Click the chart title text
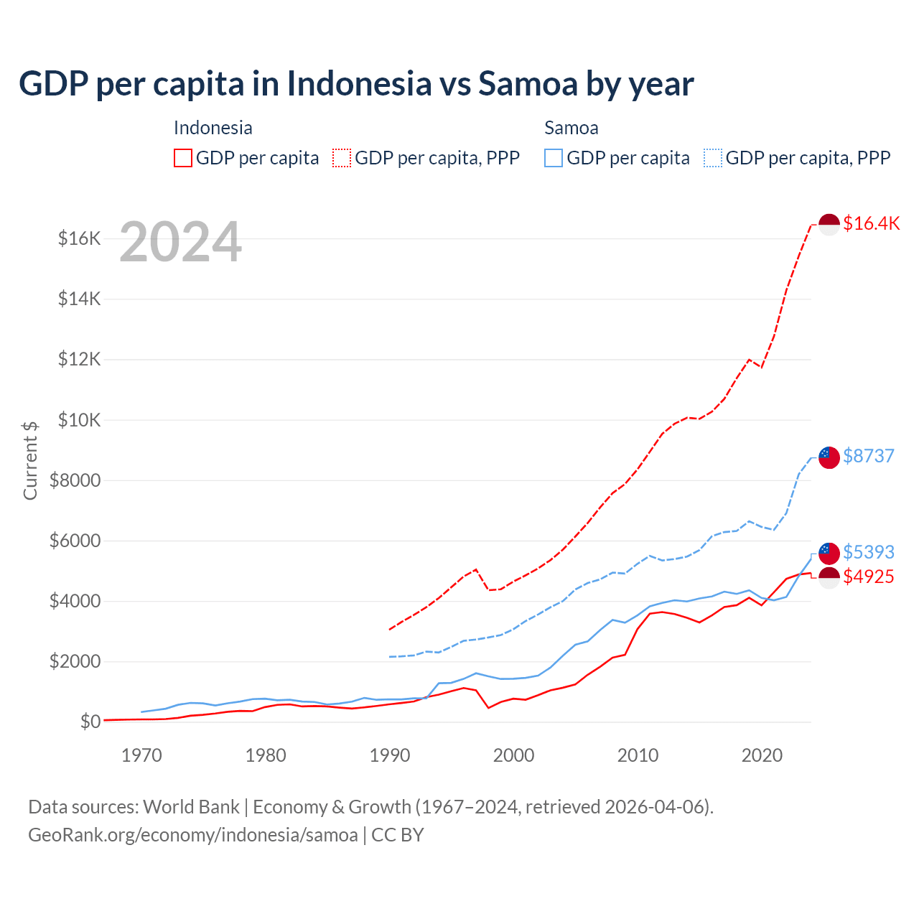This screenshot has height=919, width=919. pos(356,84)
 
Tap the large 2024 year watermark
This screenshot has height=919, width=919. pos(180,242)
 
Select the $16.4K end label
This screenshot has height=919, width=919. pos(871,223)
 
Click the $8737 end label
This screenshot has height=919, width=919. pos(868,456)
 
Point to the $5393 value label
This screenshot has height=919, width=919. pos(868,552)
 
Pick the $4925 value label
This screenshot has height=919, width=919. pos(868,577)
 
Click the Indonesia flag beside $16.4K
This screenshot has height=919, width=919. pos(829,224)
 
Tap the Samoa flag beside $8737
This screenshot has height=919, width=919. pos(829,457)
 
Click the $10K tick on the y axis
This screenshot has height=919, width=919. pos(79,420)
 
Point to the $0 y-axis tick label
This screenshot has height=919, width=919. pos(90,722)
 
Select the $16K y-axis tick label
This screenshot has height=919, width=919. pos(79,238)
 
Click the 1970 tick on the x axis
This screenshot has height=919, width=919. pos(141,755)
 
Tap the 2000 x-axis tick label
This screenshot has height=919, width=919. pos(513,755)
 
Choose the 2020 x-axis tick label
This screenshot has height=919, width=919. pos(762,755)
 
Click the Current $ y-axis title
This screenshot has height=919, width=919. pos(30,460)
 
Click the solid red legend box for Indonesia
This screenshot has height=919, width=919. pos(183,158)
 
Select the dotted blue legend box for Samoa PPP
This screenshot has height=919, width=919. pos(713,158)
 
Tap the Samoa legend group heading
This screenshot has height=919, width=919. pos(571,128)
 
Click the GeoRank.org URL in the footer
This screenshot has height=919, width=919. pos(192,835)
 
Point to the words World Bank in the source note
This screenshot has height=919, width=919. pos(191,807)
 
